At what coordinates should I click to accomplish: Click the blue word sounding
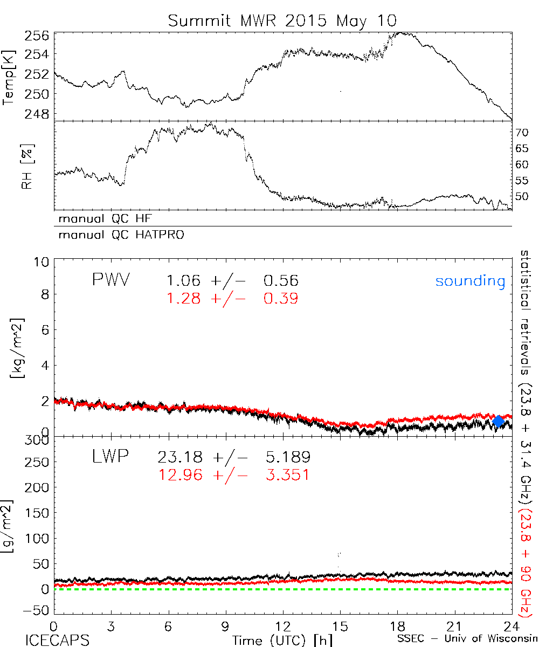pyautogui.click(x=470, y=281)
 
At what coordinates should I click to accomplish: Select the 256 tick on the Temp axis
pyautogui.click(x=37, y=36)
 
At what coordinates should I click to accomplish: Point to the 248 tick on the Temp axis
pyautogui.click(x=37, y=114)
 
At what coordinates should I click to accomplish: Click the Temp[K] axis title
pyautogui.click(x=9, y=78)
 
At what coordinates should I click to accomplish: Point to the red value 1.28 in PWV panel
pyautogui.click(x=185, y=298)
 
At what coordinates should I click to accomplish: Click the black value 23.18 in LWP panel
pyautogui.click(x=181, y=458)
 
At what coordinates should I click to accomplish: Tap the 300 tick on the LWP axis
pyautogui.click(x=38, y=439)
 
